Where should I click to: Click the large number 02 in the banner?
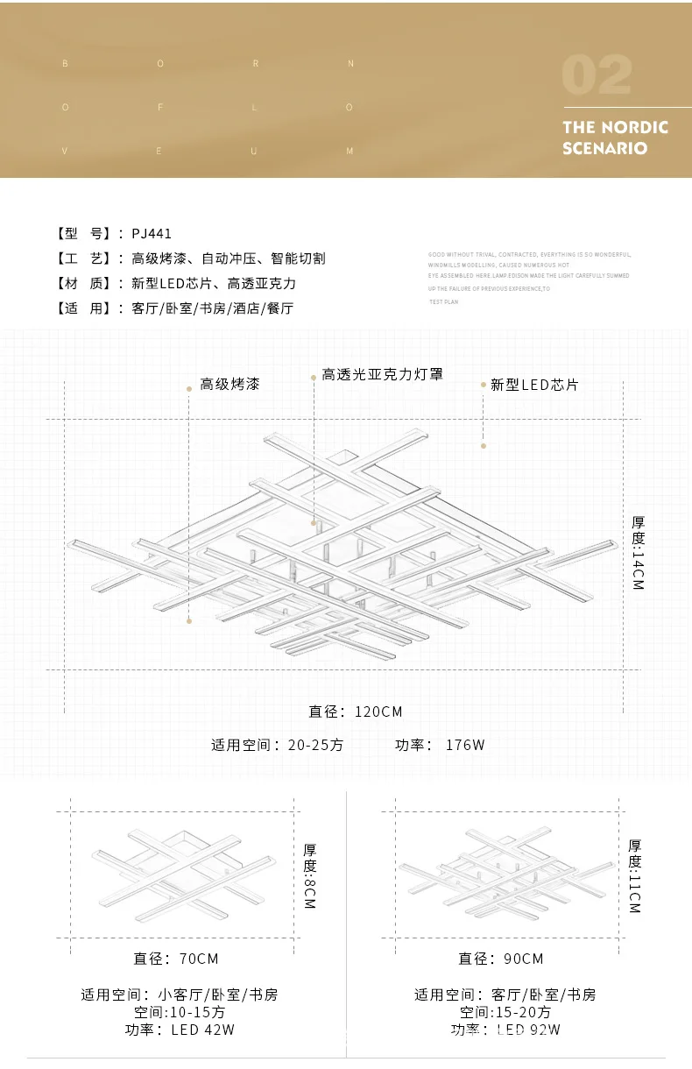tap(597, 76)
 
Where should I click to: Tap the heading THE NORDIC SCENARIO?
tap(615, 138)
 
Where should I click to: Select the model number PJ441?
tap(152, 233)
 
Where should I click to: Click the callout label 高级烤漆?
tap(229, 384)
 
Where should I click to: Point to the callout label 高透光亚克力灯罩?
tap(383, 374)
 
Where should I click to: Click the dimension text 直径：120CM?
tap(356, 711)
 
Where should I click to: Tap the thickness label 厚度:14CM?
tap(638, 552)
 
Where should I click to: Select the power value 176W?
tap(465, 745)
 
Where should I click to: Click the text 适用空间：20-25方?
tap(278, 745)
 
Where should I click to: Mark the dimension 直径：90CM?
tap(500, 959)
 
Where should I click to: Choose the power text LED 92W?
tap(529, 1030)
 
